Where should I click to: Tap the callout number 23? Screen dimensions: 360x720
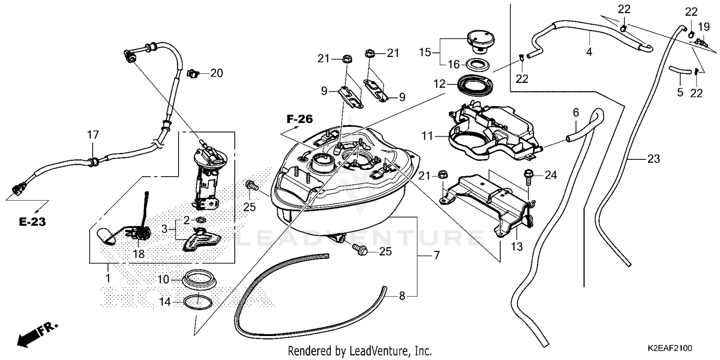[654, 158]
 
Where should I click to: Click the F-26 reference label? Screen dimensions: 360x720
[300, 119]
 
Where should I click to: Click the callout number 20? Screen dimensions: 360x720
[216, 73]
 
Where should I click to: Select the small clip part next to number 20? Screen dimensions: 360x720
[193, 73]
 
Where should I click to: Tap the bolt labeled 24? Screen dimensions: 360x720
[528, 177]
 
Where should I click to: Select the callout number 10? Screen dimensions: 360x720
[164, 278]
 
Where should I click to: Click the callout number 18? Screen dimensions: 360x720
[138, 254]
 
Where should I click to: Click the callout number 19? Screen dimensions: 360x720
[704, 26]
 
